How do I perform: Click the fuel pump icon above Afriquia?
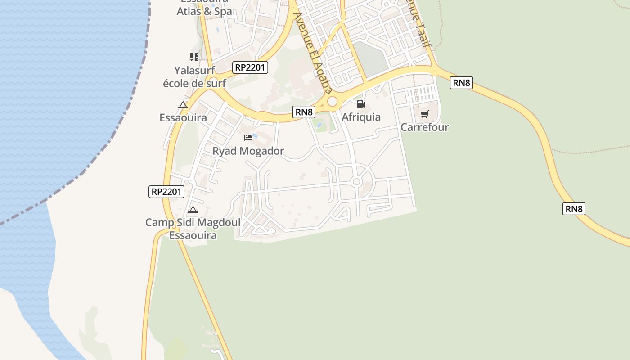361,104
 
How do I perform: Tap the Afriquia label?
361,117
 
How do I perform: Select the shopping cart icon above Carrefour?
425,114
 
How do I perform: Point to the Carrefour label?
424,127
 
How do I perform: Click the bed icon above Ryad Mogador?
248,137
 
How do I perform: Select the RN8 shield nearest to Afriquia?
304,112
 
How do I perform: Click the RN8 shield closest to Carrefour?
461,83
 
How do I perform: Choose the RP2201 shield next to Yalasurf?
251,67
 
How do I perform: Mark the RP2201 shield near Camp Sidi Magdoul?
166,191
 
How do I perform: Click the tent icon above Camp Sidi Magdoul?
193,210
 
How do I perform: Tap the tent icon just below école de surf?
183,105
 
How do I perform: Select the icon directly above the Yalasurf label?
194,57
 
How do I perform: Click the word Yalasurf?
194,70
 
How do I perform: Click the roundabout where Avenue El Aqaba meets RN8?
333,102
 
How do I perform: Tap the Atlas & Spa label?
204,12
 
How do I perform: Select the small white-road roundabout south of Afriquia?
356,182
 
